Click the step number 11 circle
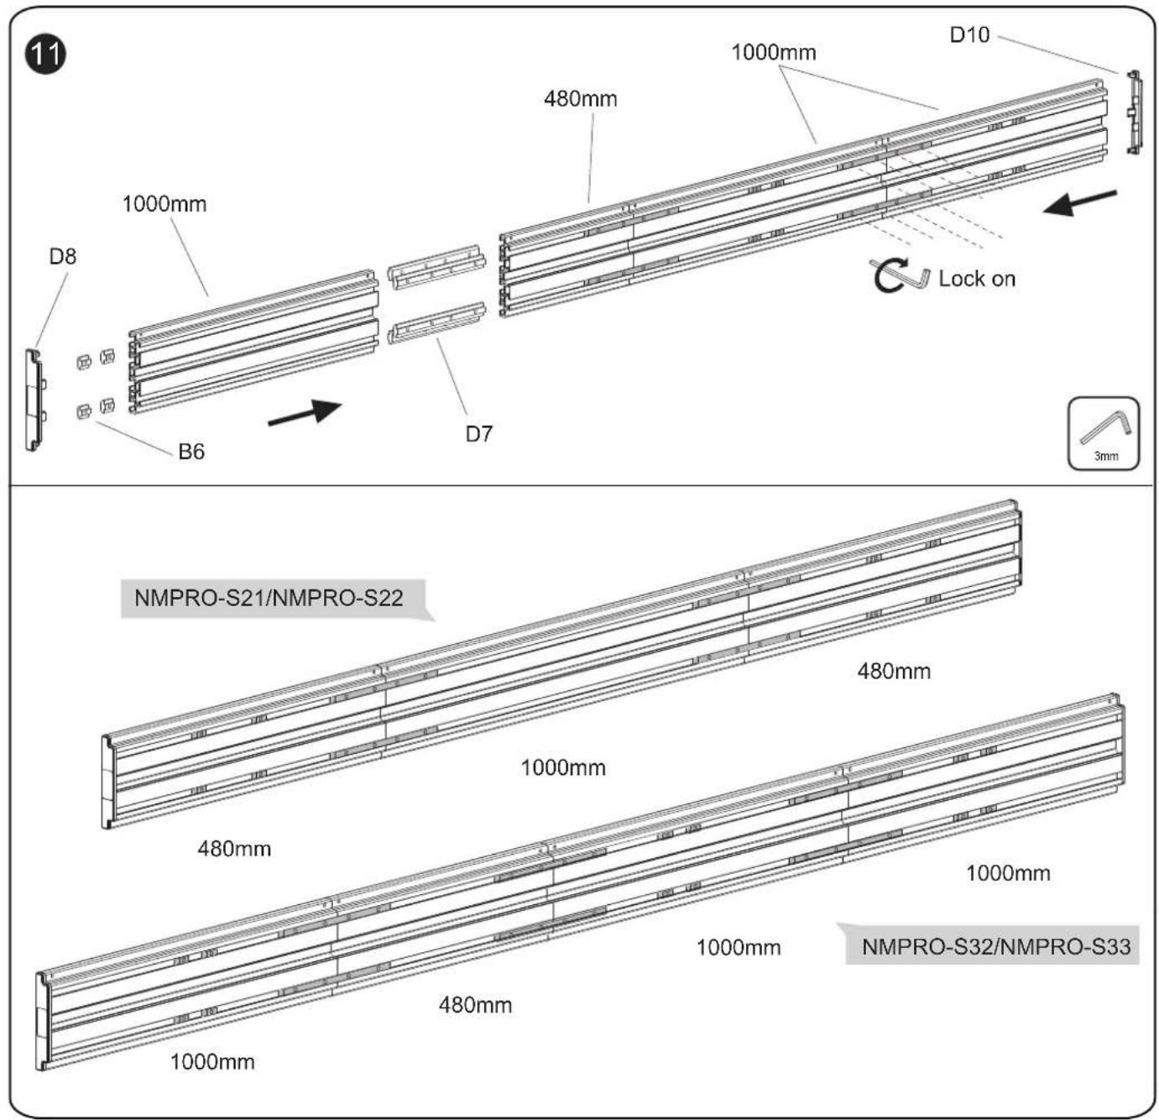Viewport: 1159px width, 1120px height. [x=45, y=55]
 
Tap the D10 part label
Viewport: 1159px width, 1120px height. [x=969, y=35]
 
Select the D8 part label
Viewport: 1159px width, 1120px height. [x=63, y=257]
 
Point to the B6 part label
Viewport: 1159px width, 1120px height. [x=191, y=452]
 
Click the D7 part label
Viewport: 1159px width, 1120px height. [x=479, y=434]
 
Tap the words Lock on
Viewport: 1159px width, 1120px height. [x=977, y=279]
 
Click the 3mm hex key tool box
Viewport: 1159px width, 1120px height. [x=1103, y=433]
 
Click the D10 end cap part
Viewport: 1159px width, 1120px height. [x=1134, y=113]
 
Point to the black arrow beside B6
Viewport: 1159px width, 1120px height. [x=305, y=413]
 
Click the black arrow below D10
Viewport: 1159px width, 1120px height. [x=1080, y=202]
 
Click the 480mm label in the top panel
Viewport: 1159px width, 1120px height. [x=580, y=98]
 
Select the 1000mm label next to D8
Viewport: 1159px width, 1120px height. [x=164, y=204]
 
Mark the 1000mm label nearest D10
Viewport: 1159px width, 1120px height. [x=773, y=52]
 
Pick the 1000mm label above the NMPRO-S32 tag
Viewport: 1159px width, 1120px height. [x=1008, y=873]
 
